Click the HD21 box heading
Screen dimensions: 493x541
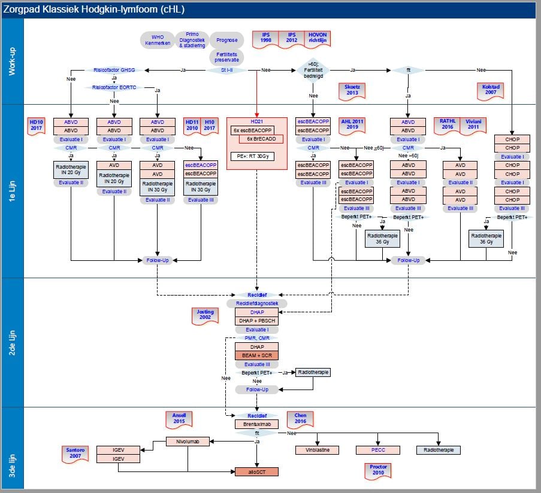click(x=256, y=121)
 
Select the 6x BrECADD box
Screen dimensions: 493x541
click(x=261, y=139)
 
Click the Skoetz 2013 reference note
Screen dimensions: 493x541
click(x=352, y=90)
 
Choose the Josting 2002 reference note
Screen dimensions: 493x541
click(x=205, y=315)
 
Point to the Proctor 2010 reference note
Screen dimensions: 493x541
click(x=377, y=470)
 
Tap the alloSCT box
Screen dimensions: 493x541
click(x=256, y=471)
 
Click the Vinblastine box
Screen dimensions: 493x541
click(x=317, y=450)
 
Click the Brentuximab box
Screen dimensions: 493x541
click(x=256, y=424)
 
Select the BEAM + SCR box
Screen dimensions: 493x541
click(x=256, y=355)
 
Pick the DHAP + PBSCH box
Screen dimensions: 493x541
click(x=256, y=321)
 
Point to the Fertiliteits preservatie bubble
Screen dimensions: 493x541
click(x=226, y=57)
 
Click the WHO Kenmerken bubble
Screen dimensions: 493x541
click(x=158, y=41)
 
